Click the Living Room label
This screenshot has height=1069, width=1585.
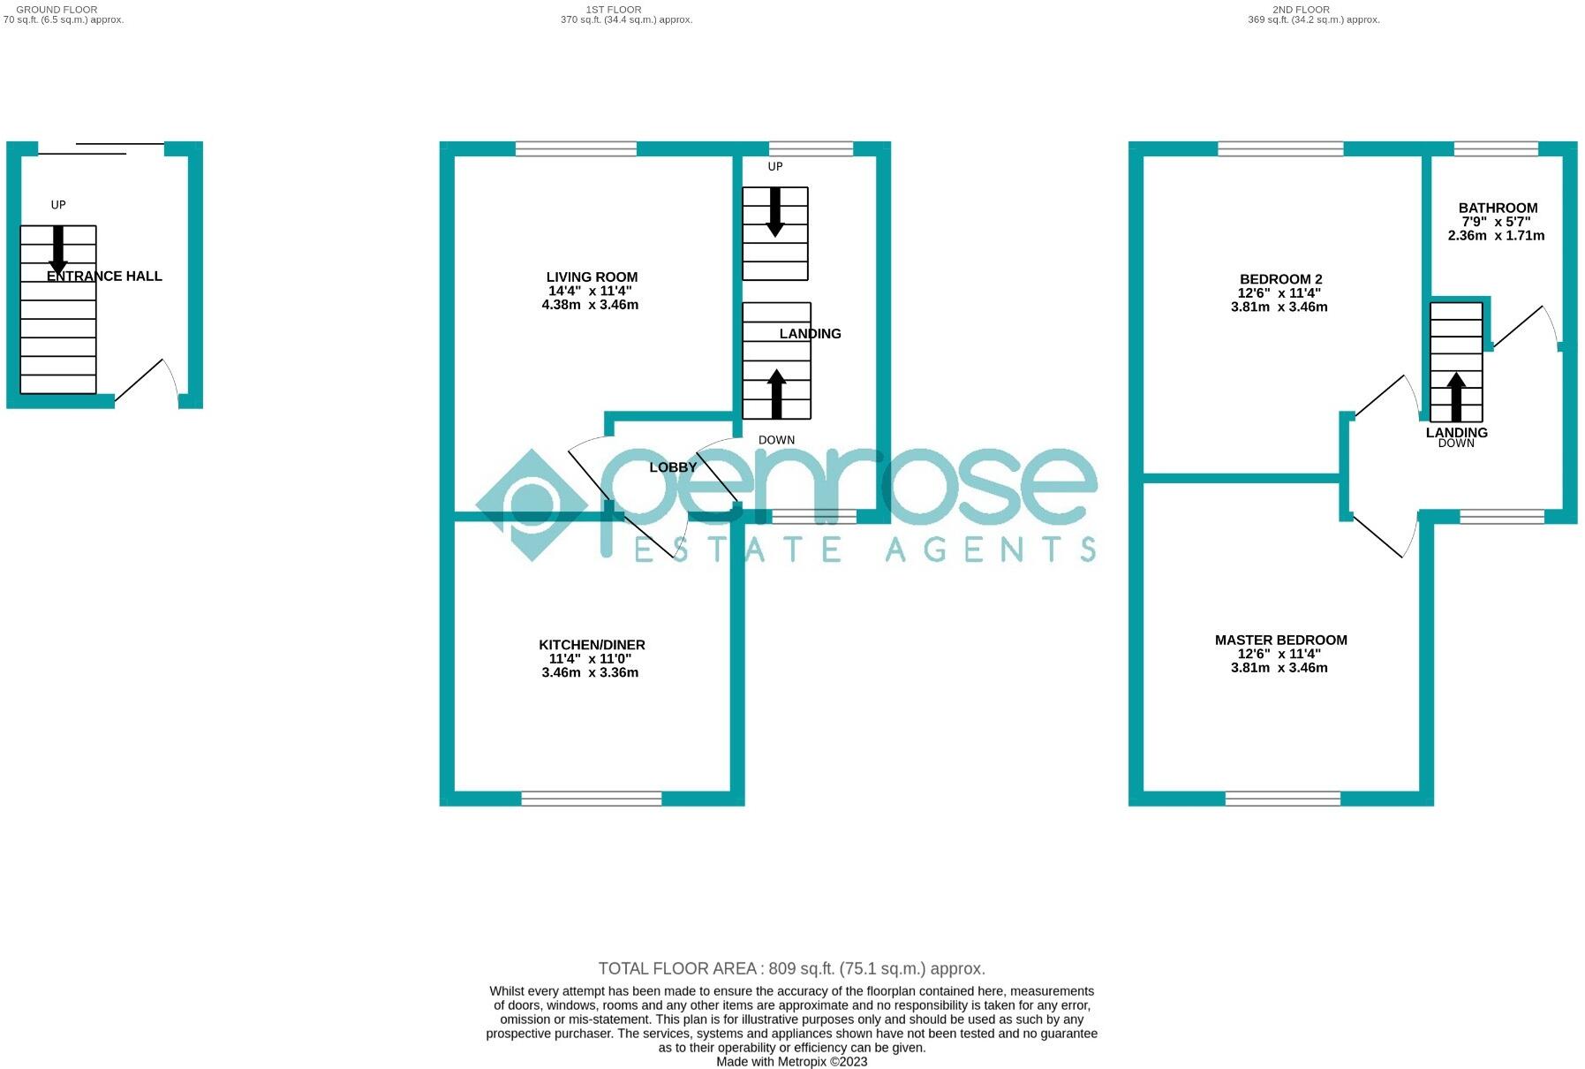pos(591,277)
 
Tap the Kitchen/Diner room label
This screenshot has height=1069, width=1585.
pos(592,644)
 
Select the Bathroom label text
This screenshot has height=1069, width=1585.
pos(1498,208)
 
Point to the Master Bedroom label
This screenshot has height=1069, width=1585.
pos(1280,640)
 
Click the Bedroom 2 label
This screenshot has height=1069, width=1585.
pos(1280,279)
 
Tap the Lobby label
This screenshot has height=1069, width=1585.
pos(673,467)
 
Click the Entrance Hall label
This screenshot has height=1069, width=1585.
pos(104,276)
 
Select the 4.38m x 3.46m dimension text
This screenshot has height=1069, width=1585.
pos(590,305)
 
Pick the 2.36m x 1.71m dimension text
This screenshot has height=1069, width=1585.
pos(1496,236)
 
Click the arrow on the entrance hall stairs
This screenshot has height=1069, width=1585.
pos(58,250)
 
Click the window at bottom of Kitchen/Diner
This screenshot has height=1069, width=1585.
pos(591,799)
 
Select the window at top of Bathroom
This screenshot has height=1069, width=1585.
pos(1496,148)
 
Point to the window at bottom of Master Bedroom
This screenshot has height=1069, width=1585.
pos(1282,799)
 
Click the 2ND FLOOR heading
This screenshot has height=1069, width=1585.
pos(1301,10)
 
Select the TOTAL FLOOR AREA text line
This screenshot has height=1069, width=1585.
pos(791,968)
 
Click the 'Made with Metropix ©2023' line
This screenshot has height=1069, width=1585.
pos(791,1062)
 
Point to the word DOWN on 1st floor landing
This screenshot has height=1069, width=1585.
pos(776,440)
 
